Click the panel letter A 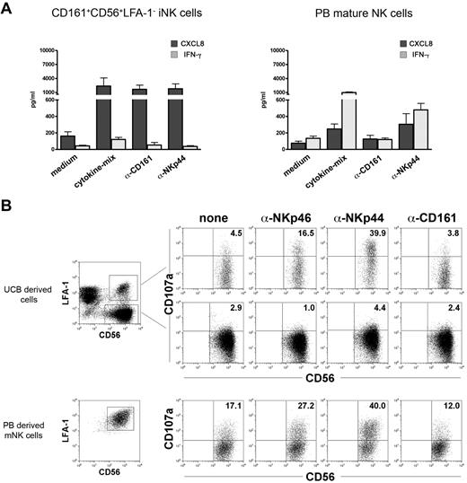tap(7, 8)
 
